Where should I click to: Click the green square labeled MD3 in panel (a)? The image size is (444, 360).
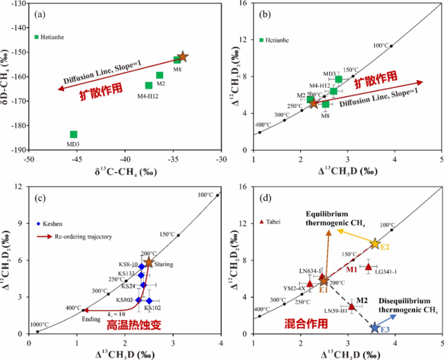pyautogui.click(x=74, y=134)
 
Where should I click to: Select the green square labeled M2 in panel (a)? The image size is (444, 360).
pyautogui.click(x=160, y=75)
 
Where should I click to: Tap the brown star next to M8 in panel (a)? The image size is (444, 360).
pyautogui.click(x=183, y=57)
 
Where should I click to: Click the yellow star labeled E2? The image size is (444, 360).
pyautogui.click(x=375, y=244)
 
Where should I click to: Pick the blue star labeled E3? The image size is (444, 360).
pyautogui.click(x=375, y=328)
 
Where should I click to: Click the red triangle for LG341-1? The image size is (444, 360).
pyautogui.click(x=369, y=266)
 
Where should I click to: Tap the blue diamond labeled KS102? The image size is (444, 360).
pyautogui.click(x=149, y=301)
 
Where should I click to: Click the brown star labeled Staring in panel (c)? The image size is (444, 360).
pyautogui.click(x=149, y=262)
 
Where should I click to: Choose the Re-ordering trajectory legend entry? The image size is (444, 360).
pyautogui.click(x=75, y=236)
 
